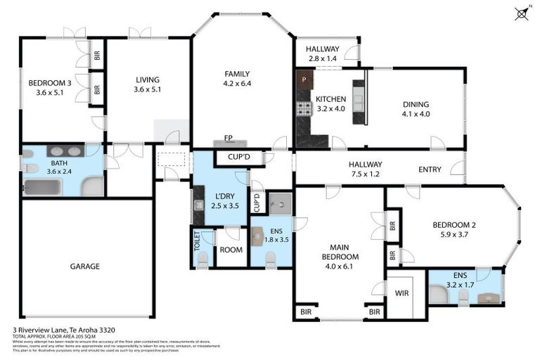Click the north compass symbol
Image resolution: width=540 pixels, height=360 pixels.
click(522, 13)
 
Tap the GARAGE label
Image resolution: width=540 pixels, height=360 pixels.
click(84, 266)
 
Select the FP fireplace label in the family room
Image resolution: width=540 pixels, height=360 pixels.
click(228, 138)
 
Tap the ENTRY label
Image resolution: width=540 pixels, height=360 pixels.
click(430, 169)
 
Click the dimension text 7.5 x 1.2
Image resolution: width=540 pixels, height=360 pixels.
click(365, 174)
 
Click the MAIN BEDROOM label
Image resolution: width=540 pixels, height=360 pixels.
click(340, 252)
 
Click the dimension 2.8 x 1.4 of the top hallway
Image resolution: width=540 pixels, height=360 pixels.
click(322, 58)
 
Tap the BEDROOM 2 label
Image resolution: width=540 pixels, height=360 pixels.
click(454, 225)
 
